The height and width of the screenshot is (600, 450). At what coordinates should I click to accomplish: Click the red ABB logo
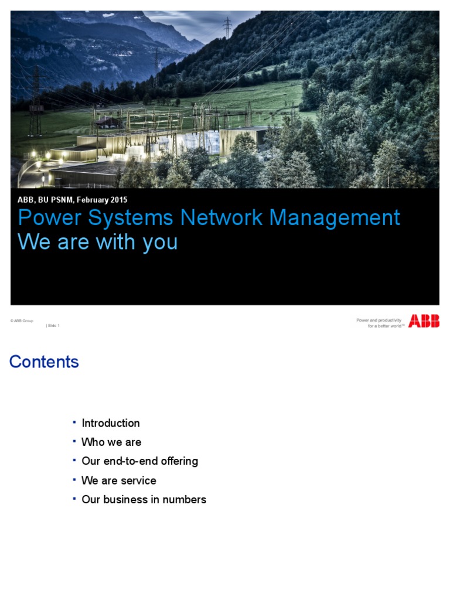coord(424,321)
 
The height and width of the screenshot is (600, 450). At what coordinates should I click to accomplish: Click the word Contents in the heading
coord(44,362)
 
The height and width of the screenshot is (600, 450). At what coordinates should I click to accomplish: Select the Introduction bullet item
coord(111,423)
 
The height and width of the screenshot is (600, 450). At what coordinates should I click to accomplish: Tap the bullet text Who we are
coord(111,442)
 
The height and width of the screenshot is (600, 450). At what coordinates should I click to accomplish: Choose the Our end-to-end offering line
coord(140,461)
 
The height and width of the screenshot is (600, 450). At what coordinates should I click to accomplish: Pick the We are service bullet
coord(119,480)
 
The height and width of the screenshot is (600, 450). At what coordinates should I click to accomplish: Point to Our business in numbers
coord(144,500)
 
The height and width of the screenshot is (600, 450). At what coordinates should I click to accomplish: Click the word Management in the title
coord(335,218)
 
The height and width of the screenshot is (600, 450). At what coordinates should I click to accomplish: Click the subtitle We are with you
coord(98,242)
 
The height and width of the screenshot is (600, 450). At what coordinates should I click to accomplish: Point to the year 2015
coord(117,200)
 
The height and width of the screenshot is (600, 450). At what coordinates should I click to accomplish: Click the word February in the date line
coord(87,200)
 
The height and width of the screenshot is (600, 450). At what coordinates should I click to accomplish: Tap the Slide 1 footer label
coord(53,326)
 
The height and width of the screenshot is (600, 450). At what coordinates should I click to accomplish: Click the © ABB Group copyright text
coord(22,321)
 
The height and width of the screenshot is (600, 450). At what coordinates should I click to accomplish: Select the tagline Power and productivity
coord(379,320)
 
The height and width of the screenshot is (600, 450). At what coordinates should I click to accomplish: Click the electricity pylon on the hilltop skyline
coord(227,27)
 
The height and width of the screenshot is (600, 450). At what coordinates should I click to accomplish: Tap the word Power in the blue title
coord(45,218)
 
